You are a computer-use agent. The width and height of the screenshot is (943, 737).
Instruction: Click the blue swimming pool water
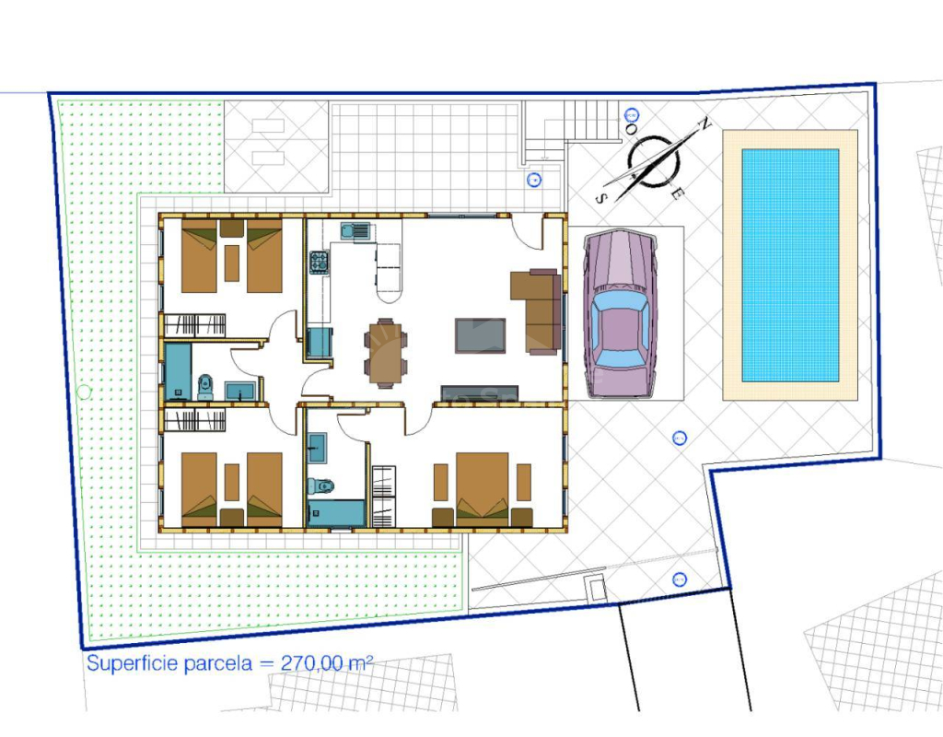[790, 265]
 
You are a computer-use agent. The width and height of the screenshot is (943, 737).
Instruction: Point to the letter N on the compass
[704, 125]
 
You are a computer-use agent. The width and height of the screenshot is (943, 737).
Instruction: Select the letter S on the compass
[600, 199]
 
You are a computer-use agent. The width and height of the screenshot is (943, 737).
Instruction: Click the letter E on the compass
[677, 193]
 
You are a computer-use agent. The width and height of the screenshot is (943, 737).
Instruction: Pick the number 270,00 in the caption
[312, 663]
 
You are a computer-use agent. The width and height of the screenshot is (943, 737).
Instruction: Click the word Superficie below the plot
[133, 664]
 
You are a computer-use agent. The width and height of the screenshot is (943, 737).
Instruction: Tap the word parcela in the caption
[217, 664]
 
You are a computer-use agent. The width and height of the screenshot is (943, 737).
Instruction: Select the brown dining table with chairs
[386, 353]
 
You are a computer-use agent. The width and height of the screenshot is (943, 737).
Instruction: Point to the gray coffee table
[480, 335]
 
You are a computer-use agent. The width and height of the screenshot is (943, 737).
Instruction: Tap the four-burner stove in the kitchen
[319, 263]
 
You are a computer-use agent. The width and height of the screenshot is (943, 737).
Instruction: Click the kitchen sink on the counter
[355, 230]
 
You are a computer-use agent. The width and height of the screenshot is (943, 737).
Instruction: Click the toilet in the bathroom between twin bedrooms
[205, 387]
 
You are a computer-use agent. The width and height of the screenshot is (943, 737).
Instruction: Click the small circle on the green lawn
[84, 392]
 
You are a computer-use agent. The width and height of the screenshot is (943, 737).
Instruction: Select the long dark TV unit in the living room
[479, 392]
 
